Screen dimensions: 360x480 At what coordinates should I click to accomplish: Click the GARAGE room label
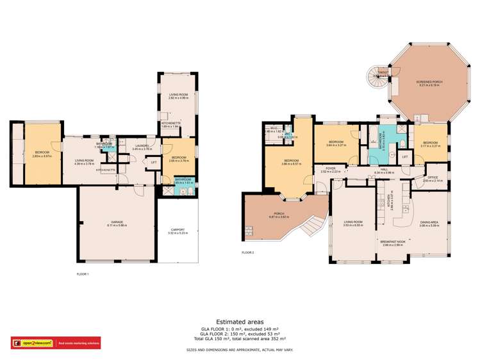tap(115, 222)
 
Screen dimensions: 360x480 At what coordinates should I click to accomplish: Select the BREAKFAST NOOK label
tap(392, 243)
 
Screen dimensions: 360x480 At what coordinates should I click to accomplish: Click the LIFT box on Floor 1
tap(153, 162)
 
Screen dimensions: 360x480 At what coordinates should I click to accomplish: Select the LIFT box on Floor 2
tap(404, 156)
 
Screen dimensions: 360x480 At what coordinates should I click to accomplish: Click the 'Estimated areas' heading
tap(240, 322)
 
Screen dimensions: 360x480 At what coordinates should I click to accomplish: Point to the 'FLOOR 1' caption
tap(83, 274)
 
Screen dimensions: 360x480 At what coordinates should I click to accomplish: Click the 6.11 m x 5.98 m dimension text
tap(115, 225)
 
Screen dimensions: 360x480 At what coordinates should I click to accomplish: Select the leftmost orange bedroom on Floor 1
tap(42, 152)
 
